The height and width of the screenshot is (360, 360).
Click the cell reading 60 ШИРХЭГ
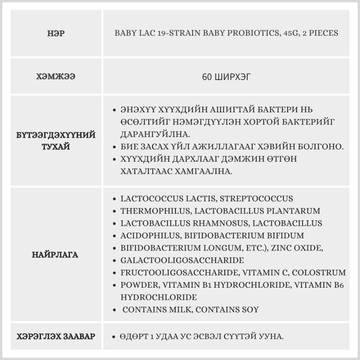coord(226,77)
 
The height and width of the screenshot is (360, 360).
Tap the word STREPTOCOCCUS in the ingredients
coord(256,198)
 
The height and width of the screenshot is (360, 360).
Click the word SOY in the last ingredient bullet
coord(251,310)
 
